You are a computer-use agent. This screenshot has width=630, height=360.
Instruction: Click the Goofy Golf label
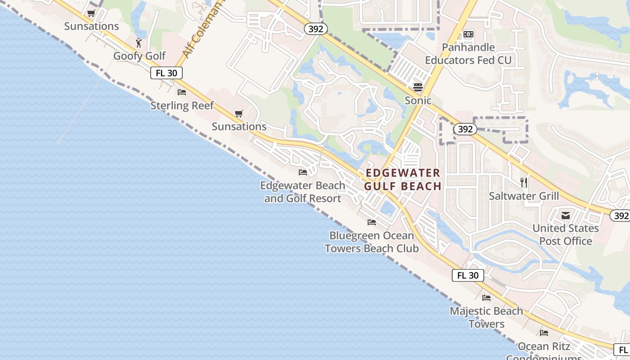139,56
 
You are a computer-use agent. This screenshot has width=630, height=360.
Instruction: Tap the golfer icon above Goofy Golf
139,43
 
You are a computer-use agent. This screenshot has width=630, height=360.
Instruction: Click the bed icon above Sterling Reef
182,92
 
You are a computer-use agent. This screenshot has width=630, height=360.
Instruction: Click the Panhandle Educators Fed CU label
468,54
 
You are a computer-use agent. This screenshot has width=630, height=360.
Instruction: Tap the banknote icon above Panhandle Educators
468,34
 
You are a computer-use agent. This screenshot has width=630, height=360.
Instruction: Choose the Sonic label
418,100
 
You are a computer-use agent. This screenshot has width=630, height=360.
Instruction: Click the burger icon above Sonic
418,87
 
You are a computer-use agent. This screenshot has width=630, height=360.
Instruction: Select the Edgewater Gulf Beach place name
403,180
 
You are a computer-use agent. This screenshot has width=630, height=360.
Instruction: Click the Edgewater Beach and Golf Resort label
303,192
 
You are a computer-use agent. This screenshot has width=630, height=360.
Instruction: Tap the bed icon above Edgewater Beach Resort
303,172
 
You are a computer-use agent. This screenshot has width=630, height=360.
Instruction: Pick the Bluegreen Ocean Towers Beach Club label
372,242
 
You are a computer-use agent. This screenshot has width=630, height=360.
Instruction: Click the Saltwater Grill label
524,196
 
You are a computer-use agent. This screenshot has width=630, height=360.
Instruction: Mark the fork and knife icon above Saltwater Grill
524,182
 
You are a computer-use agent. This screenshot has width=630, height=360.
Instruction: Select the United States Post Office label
566,234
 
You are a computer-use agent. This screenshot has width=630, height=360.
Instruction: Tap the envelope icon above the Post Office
566,216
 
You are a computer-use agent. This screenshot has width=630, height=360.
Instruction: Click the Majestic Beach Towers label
486,317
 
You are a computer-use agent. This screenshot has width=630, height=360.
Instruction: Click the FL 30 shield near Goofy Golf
166,73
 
